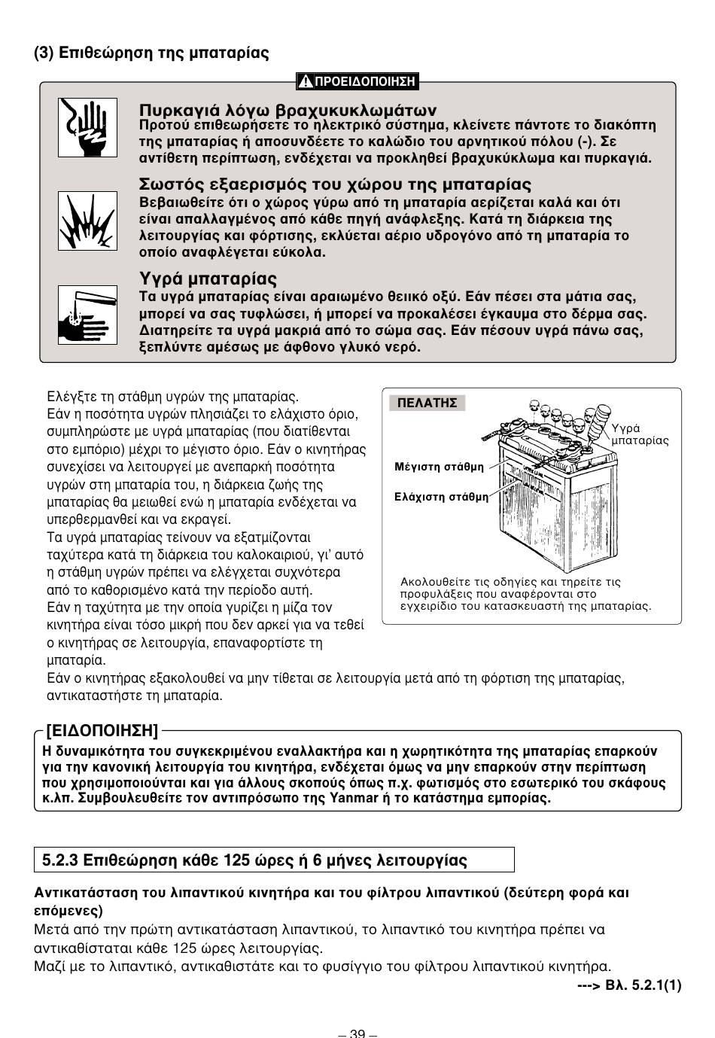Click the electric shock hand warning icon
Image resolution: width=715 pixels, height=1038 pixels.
pyautogui.click(x=87, y=127)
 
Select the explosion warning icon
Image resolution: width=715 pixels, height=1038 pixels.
pyautogui.click(x=87, y=221)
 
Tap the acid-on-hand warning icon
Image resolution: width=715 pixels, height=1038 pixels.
pyautogui.click(x=87, y=315)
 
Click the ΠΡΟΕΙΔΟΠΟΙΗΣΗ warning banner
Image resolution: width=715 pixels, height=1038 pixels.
pyautogui.click(x=357, y=81)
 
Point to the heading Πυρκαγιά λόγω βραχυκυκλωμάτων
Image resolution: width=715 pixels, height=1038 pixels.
pyautogui.click(x=288, y=110)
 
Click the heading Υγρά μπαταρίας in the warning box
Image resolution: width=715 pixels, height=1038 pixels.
pyautogui.click(x=208, y=279)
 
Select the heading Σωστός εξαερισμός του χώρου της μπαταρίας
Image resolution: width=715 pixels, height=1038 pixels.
pyautogui.click(x=336, y=184)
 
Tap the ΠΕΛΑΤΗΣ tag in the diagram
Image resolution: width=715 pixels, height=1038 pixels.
pyautogui.click(x=427, y=403)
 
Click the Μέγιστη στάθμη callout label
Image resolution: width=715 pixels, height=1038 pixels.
pyautogui.click(x=440, y=467)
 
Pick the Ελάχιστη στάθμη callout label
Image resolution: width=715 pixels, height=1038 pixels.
pyautogui.click(x=441, y=497)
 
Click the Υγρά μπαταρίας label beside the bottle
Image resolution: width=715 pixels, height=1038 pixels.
pyautogui.click(x=639, y=434)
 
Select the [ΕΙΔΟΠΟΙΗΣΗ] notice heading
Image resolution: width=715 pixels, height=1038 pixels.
pyautogui.click(x=102, y=731)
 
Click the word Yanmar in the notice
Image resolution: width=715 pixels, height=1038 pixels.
pyautogui.click(x=350, y=798)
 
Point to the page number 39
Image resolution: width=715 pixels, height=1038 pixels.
pyautogui.click(x=357, y=1033)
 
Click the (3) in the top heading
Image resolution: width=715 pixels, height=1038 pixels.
pyautogui.click(x=44, y=53)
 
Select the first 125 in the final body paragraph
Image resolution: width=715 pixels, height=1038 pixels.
pyautogui.click(x=184, y=948)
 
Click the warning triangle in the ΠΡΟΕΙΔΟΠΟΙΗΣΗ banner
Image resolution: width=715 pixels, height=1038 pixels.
pyautogui.click(x=305, y=81)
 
